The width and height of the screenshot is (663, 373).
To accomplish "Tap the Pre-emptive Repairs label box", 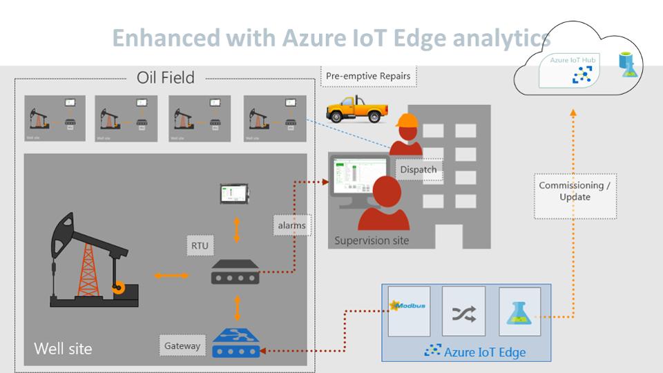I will pyautogui.click(x=369, y=76).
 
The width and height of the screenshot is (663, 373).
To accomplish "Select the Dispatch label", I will pyautogui.click(x=418, y=169).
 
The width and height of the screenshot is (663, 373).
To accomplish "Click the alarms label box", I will pyautogui.click(x=291, y=225).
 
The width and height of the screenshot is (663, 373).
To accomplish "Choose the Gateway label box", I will pyautogui.click(x=182, y=345).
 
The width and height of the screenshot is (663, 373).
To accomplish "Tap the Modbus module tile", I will pyautogui.click(x=409, y=311).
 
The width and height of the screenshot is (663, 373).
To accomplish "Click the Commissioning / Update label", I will pyautogui.click(x=575, y=191).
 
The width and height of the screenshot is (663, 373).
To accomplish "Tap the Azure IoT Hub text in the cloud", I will pyautogui.click(x=572, y=61).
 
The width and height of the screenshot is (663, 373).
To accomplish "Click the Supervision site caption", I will pyautogui.click(x=372, y=240).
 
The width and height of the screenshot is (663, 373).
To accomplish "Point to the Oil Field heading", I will pyautogui.click(x=166, y=77).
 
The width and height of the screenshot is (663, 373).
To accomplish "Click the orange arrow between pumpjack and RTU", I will pyautogui.click(x=171, y=276).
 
